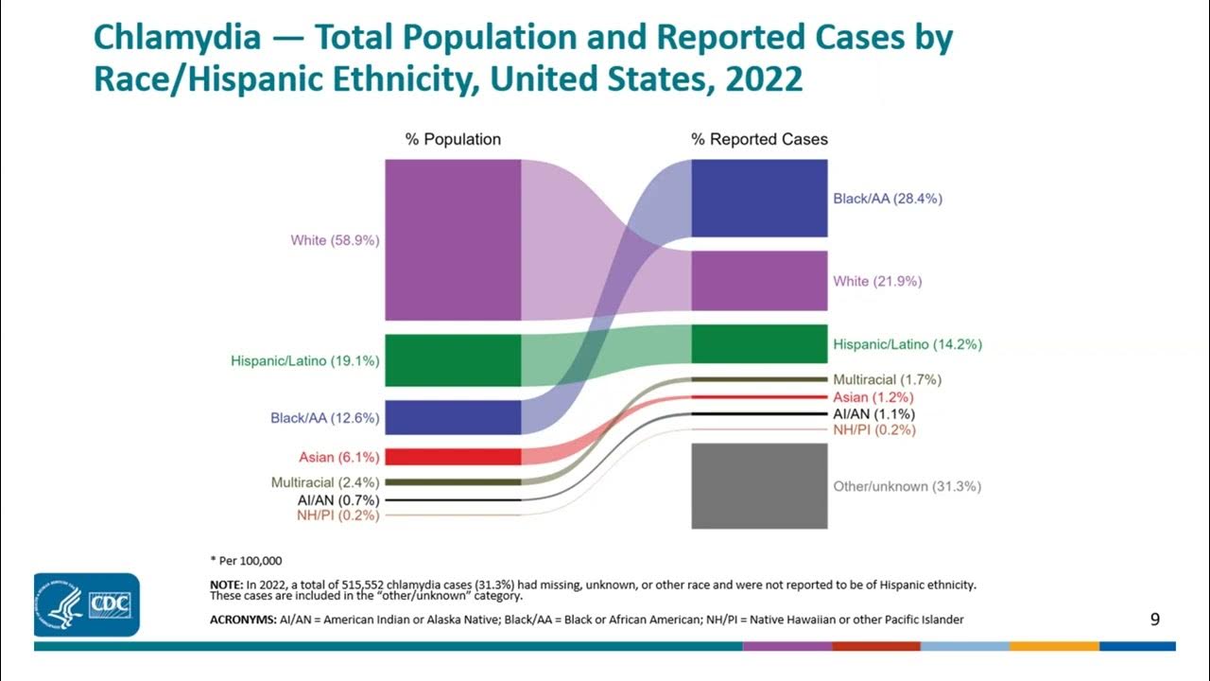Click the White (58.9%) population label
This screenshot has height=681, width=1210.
(x=335, y=240)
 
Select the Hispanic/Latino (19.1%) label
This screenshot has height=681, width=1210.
(x=304, y=360)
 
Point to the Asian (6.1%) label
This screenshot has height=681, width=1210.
(x=338, y=458)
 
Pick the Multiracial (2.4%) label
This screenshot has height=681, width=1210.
(x=325, y=482)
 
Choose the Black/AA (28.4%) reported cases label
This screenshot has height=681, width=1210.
(x=887, y=199)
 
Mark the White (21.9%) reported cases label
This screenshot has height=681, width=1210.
(x=877, y=281)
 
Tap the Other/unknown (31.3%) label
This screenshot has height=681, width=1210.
(x=907, y=486)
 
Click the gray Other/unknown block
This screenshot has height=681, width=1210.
(x=759, y=485)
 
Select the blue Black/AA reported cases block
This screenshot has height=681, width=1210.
(x=759, y=198)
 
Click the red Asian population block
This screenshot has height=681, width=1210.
(x=453, y=457)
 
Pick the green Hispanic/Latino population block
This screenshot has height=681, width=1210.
(x=453, y=360)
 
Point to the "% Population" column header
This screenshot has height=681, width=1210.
(x=453, y=139)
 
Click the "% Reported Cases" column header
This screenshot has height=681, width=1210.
(x=759, y=139)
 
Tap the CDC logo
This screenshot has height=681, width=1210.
(x=87, y=604)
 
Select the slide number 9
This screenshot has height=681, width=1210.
(x=1154, y=620)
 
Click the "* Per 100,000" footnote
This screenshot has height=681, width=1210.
(x=246, y=561)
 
